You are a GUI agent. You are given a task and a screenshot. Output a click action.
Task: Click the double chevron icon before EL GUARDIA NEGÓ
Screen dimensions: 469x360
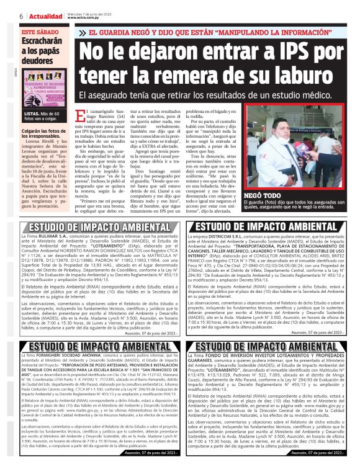(x=83, y=32)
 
